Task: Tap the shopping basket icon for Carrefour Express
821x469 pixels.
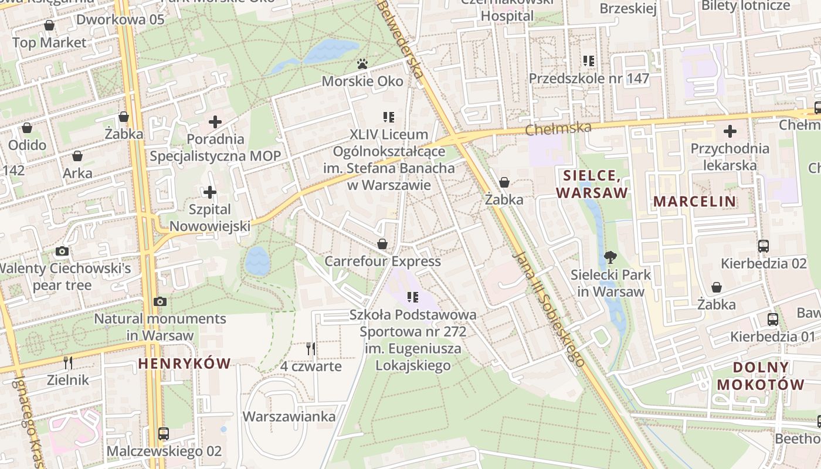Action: [x=382, y=243]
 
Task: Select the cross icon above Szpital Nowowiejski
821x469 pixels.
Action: [x=209, y=192]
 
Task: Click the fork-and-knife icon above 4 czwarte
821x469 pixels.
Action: [x=311, y=349]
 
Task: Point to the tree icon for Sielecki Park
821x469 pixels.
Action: [x=610, y=257]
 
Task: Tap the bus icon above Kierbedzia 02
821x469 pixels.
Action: [x=763, y=246]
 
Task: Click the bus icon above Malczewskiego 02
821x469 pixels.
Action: [x=164, y=434]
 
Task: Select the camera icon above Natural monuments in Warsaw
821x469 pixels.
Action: [x=160, y=301]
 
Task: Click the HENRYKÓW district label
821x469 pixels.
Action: [x=184, y=363]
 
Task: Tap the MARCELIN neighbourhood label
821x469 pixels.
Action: [x=695, y=202]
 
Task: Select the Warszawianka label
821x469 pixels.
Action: [x=289, y=417]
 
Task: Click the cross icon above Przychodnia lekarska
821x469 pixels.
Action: [x=730, y=131]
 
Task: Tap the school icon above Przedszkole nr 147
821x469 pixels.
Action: [x=589, y=60]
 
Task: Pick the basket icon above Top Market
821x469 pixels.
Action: [x=49, y=25]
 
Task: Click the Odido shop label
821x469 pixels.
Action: [x=27, y=145]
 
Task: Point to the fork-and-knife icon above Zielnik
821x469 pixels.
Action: [x=68, y=362]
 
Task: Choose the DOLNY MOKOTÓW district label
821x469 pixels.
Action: [x=761, y=376]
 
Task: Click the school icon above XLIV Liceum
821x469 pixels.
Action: [x=388, y=117]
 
